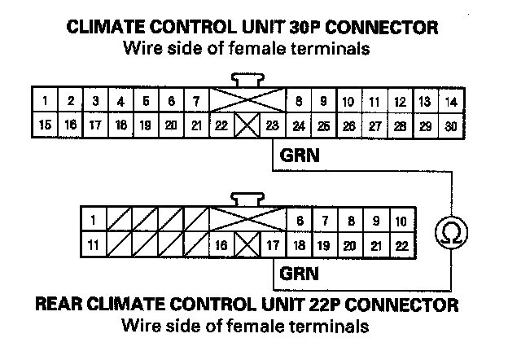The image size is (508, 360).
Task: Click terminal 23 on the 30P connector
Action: pyautogui.click(x=272, y=126)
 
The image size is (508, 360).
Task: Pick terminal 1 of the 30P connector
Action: pyautogui.click(x=45, y=102)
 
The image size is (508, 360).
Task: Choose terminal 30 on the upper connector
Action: pyautogui.click(x=450, y=126)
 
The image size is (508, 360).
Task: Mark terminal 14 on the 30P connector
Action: pyautogui.click(x=450, y=102)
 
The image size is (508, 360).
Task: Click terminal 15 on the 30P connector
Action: pyautogui.click(x=45, y=126)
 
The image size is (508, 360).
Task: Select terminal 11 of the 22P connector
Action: pyautogui.click(x=94, y=244)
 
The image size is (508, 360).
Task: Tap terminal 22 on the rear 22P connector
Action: pyautogui.click(x=400, y=244)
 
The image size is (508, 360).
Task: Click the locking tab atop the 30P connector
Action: pyautogui.click(x=247, y=80)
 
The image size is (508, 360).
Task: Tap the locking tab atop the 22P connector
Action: pyautogui.click(x=247, y=199)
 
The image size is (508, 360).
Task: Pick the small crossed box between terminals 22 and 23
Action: pyautogui.click(x=247, y=126)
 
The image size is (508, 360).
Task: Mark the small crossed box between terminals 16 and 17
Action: pyautogui.click(x=247, y=244)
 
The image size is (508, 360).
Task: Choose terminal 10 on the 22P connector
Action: pyautogui.click(x=400, y=221)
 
